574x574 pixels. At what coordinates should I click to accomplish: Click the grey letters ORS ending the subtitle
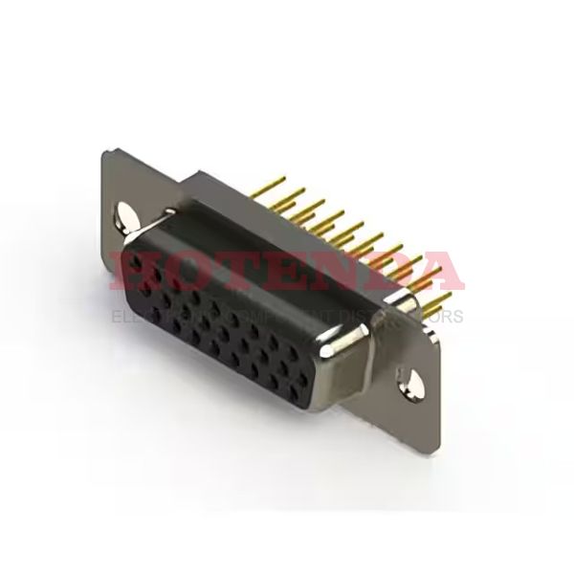[446, 315]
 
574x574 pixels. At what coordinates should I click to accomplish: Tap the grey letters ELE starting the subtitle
[127, 315]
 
